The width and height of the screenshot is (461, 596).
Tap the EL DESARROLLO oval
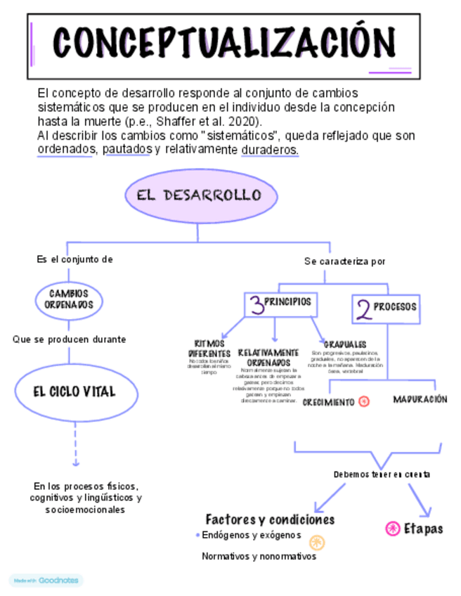coord(198,195)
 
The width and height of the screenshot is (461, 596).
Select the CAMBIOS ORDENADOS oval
coord(68,299)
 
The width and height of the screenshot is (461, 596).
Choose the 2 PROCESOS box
coord(385,308)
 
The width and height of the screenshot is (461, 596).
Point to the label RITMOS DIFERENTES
coord(209,348)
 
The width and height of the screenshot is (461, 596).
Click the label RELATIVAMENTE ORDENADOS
coord(268,357)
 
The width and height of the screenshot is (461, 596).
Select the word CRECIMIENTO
coord(328,403)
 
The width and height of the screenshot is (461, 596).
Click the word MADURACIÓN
coord(420,399)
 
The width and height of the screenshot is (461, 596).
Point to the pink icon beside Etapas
coord(393,529)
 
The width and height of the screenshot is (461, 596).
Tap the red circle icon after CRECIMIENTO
coord(363,402)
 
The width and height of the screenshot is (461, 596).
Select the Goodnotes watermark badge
coord(46,581)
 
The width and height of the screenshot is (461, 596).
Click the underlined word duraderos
coord(270,150)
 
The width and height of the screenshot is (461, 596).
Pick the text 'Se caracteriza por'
coord(344,261)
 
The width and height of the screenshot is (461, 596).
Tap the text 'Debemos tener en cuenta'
coord(382,475)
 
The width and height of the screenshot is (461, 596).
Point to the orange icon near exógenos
coord(318,542)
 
